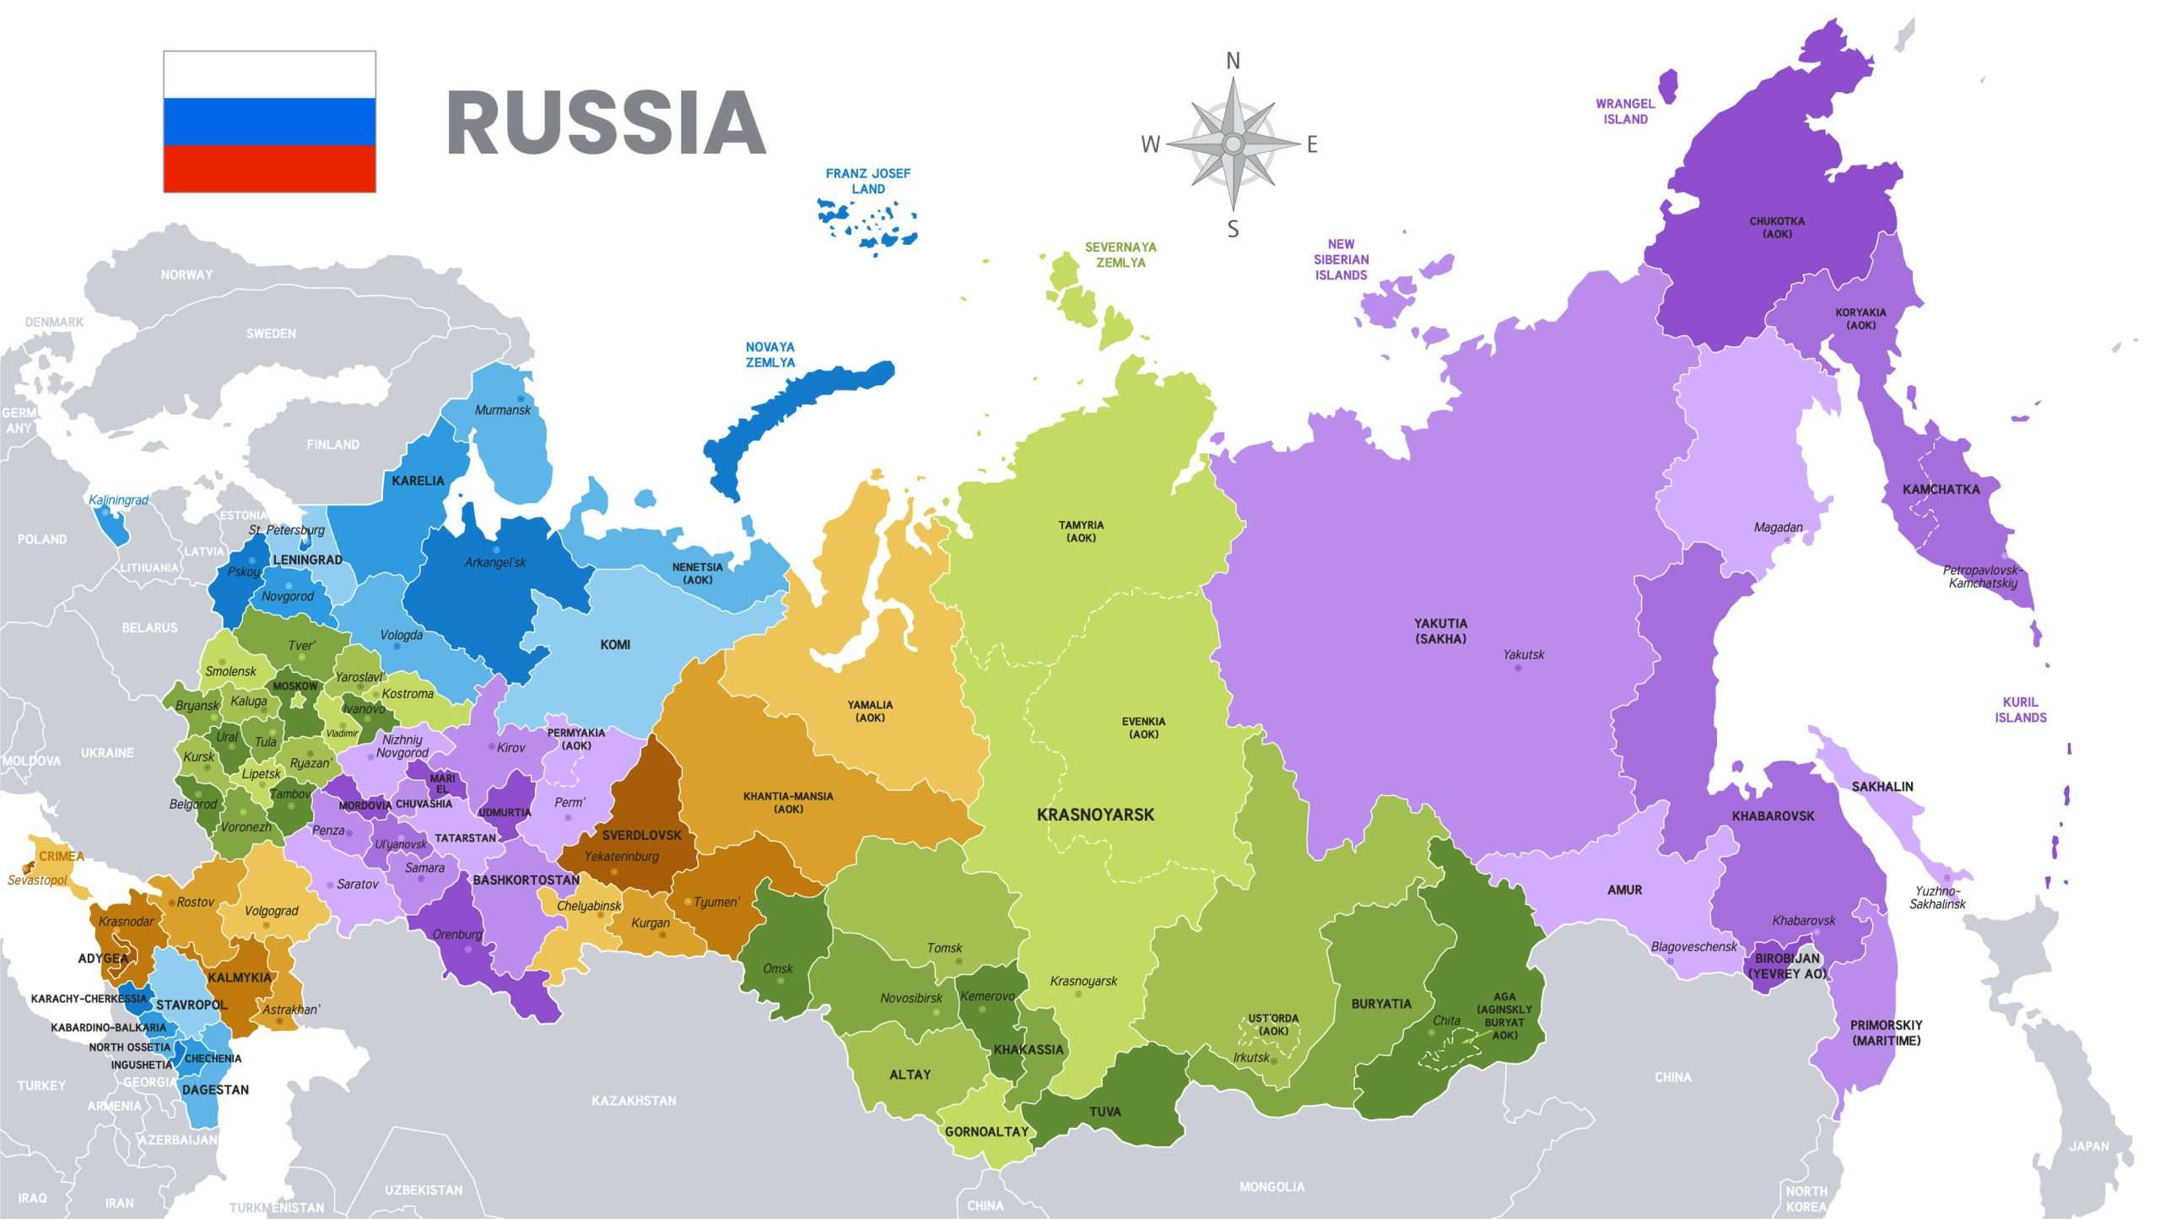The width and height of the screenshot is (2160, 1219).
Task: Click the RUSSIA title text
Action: coord(606,123)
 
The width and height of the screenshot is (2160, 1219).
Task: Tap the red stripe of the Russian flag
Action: coord(269,168)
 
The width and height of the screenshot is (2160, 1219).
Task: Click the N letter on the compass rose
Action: coord(1233,61)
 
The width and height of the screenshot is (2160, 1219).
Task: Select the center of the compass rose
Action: coord(1233,144)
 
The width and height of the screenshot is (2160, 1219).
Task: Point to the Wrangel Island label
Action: coord(1625,111)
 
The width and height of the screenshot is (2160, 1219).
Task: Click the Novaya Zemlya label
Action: coord(769,355)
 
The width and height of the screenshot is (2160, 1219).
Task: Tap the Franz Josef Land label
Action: coord(867,181)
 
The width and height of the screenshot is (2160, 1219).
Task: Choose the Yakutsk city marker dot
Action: coord(1518,668)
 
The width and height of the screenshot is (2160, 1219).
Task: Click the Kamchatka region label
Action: coord(1941,489)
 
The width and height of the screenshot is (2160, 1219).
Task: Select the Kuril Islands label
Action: coord(2020,710)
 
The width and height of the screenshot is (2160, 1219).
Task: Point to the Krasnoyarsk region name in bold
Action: coord(1095,815)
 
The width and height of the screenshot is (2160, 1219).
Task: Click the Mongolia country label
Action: coord(1272,1186)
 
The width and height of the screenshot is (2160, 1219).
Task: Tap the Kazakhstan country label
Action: coord(634,1100)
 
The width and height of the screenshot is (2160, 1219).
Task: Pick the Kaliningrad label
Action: coord(118,500)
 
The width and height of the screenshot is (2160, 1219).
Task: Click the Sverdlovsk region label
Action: coord(641,835)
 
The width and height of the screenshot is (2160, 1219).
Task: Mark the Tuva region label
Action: coord(1104,1111)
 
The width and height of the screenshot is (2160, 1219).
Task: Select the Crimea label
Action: coord(62,856)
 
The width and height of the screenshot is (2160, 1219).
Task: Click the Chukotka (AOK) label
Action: coord(1777,227)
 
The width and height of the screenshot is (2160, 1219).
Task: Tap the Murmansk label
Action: coord(502,409)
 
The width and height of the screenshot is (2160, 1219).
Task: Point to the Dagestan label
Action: coord(215,1089)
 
